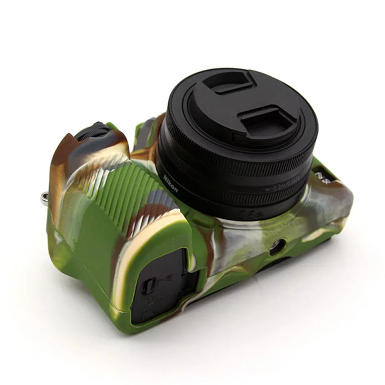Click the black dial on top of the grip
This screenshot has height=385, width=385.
click(94, 131)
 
